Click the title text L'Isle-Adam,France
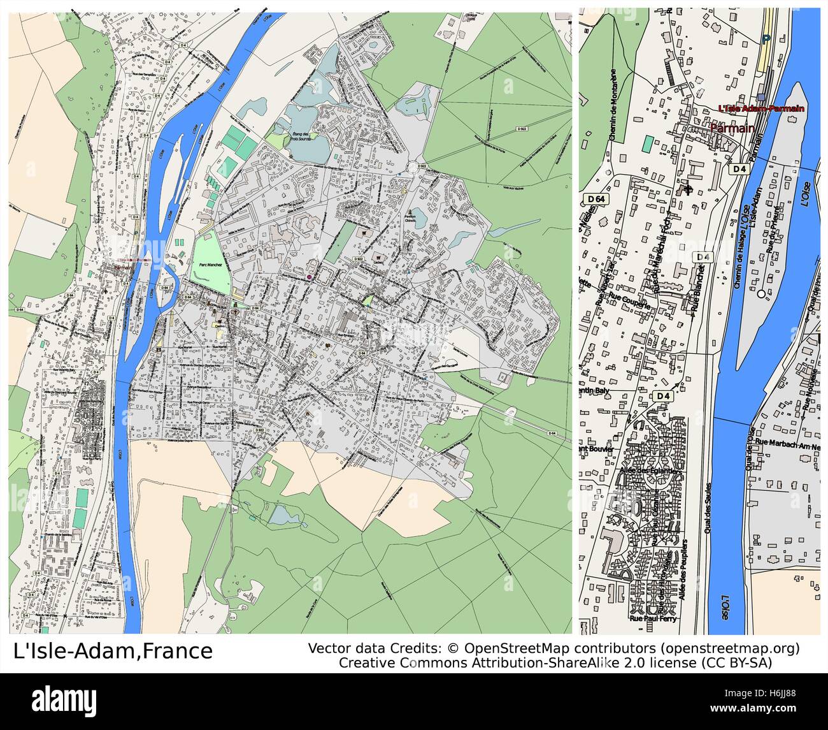[113, 651]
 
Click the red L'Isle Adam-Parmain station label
[760, 108]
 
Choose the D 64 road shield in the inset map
[595, 200]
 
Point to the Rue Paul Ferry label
[653, 618]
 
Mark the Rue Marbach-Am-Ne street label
[786, 444]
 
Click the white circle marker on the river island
[761, 294]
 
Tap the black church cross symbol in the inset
[687, 189]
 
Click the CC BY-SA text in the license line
[738, 662]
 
